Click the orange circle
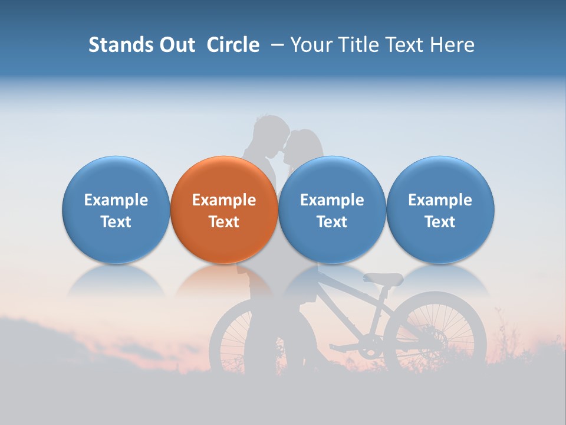tap(224, 210)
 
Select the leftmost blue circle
tap(116, 210)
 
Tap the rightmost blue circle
tap(440, 210)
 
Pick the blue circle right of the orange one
tap(332, 210)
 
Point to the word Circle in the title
tap(233, 45)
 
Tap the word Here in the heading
tap(453, 45)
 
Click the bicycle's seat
tap(383, 279)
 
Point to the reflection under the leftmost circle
tap(116, 280)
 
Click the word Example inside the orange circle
tap(224, 200)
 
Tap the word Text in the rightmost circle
tap(440, 222)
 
